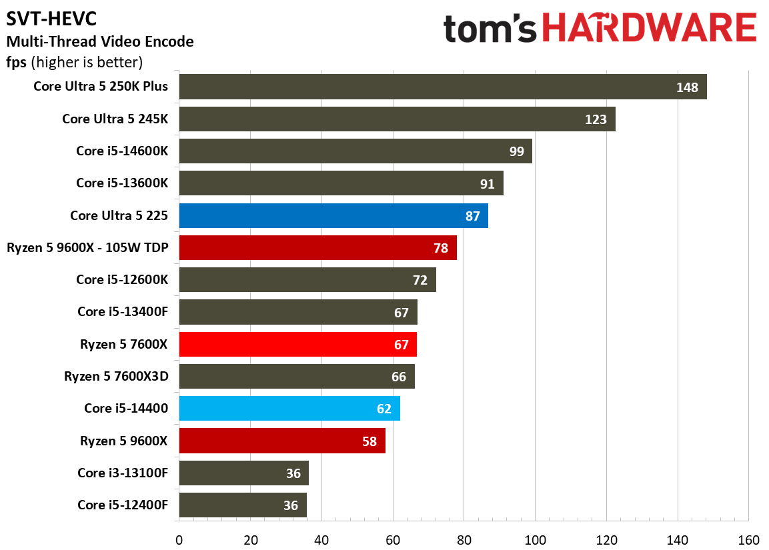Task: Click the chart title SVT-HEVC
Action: [x=51, y=19]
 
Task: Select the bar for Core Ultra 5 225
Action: [x=333, y=216]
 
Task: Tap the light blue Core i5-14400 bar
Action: [x=289, y=408]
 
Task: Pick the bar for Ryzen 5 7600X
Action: [x=297, y=344]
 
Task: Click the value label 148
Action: [x=687, y=87]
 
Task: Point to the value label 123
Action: [x=596, y=119]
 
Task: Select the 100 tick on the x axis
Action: [x=535, y=540]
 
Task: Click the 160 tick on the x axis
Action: [x=749, y=540]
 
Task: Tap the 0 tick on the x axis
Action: [x=179, y=540]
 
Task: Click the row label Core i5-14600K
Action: [x=122, y=151]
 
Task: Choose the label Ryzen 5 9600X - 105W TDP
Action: [x=87, y=247]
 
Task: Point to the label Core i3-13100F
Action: [x=123, y=473]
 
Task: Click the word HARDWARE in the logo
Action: [x=650, y=28]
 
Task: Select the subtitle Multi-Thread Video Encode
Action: [x=100, y=41]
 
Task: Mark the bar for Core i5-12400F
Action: [x=243, y=505]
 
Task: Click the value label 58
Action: [x=369, y=441]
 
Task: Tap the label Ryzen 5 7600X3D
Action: [x=116, y=376]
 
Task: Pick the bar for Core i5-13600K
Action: [x=341, y=183]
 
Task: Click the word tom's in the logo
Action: [x=490, y=29]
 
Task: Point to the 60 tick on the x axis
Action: [x=393, y=540]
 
